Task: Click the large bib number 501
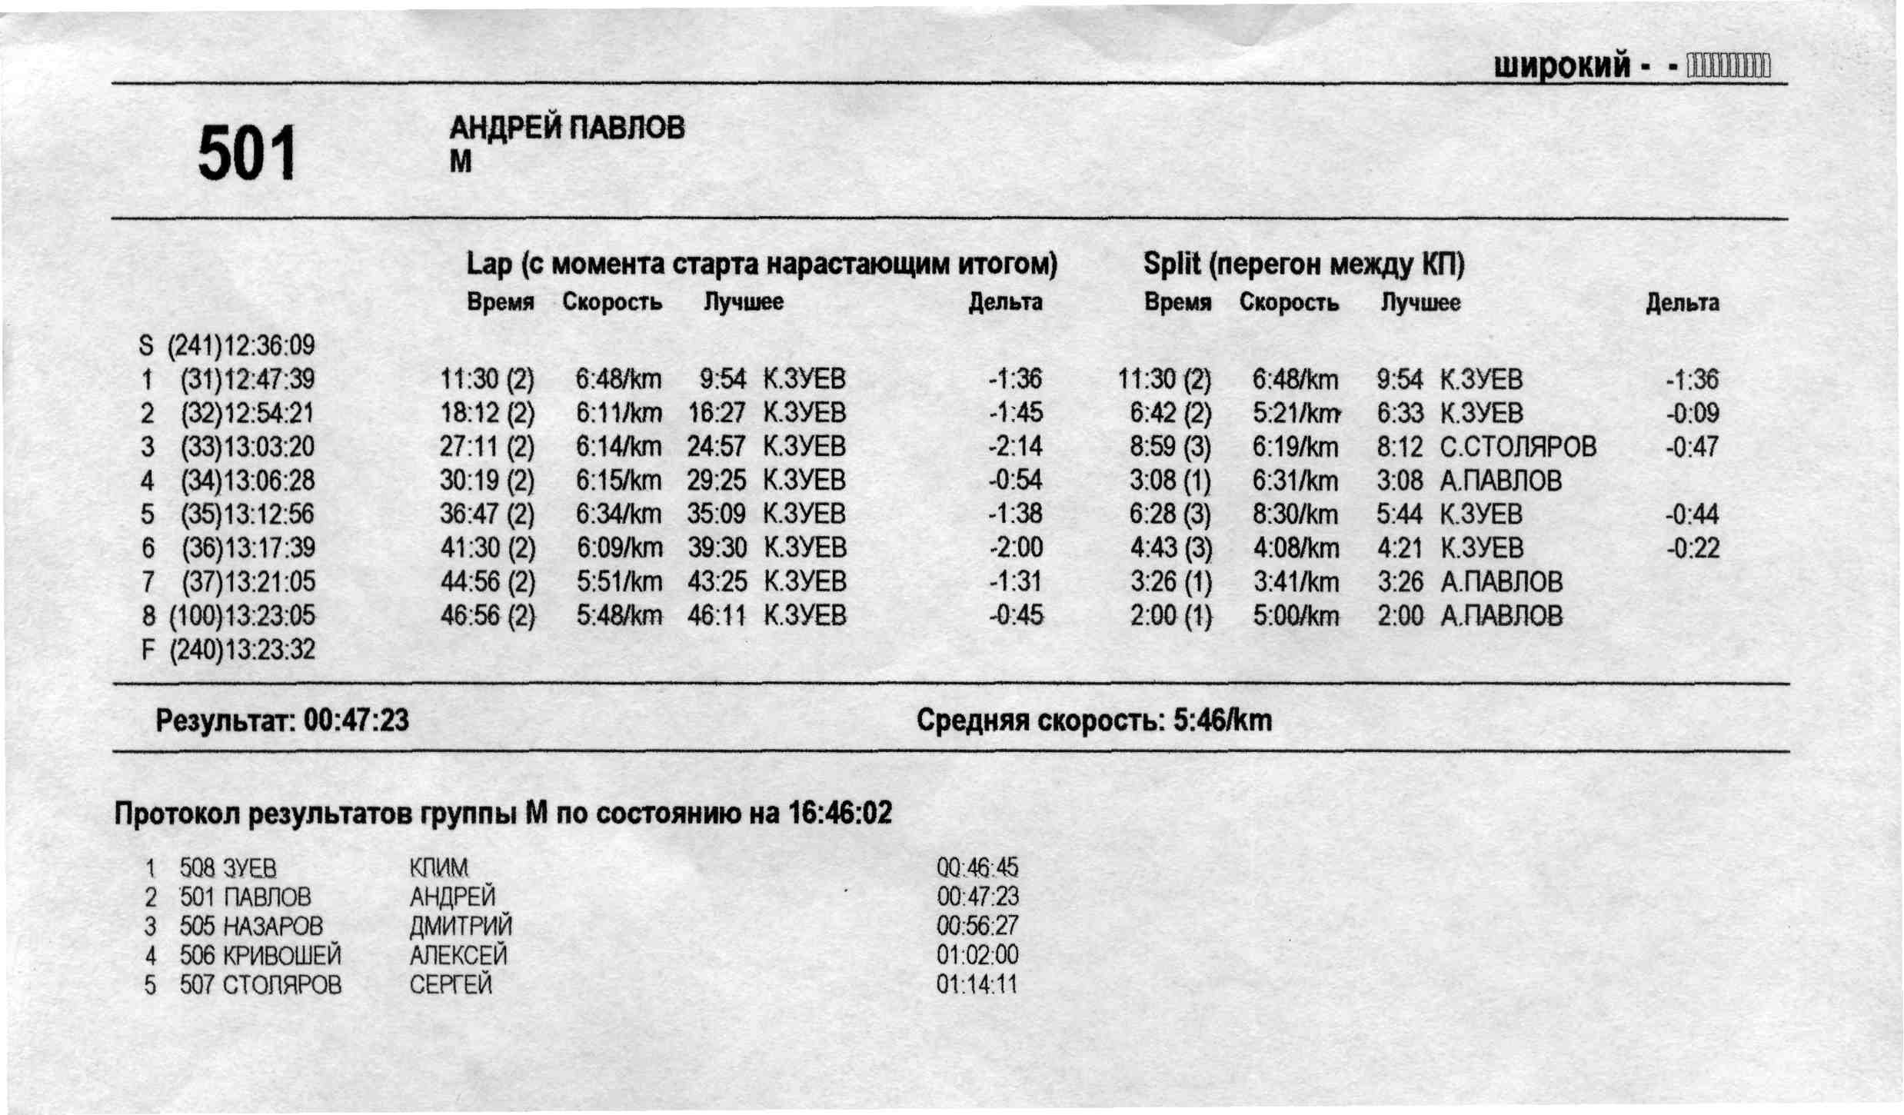(247, 153)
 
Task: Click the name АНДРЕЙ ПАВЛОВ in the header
(567, 128)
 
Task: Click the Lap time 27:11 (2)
(487, 447)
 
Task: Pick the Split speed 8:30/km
(1295, 514)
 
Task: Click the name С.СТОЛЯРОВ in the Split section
(1518, 447)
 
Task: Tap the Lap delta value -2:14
(1015, 447)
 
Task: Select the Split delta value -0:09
(1692, 413)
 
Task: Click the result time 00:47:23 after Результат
(356, 721)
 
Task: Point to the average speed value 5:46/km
(1223, 721)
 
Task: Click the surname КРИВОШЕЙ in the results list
(281, 955)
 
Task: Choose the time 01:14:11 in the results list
(977, 984)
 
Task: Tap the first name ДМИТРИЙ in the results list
(461, 926)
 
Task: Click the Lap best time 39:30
(717, 548)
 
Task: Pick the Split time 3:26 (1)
(1170, 582)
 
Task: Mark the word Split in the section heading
(1170, 264)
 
